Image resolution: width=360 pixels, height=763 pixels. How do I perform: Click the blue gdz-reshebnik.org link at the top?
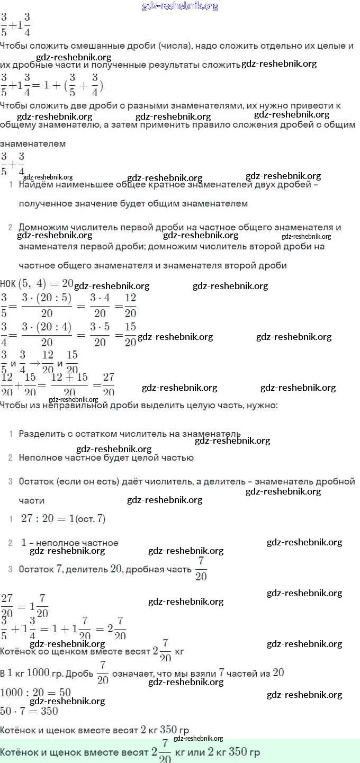[180, 6]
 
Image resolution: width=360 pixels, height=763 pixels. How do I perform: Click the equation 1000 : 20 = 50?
[35, 693]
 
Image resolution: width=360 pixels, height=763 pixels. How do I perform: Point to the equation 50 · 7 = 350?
[29, 711]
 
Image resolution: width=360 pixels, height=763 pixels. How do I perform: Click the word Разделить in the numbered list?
[41, 434]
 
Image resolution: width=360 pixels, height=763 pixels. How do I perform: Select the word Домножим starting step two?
[43, 228]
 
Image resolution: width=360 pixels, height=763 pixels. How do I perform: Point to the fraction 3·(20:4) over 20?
[47, 335]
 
